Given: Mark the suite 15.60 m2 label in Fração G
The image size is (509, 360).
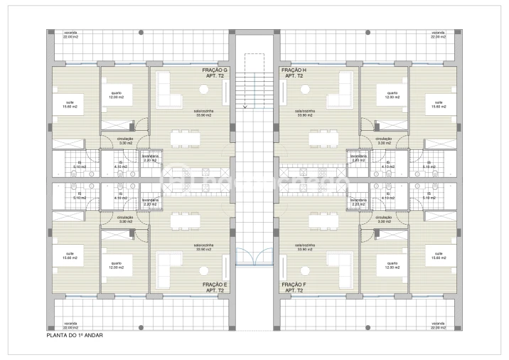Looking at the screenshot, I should click(70, 105).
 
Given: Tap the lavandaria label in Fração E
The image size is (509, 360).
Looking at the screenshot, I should click(149, 202).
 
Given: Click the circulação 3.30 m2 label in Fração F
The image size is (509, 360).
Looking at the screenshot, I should click(383, 220).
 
